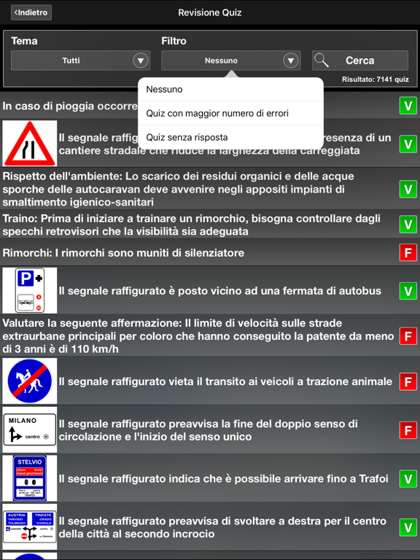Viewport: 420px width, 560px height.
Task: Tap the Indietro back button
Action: (x=31, y=12)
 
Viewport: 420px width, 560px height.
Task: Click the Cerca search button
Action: (x=359, y=61)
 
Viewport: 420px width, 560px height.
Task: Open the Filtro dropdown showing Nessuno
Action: (x=230, y=61)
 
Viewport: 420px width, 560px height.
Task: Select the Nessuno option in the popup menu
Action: (x=164, y=90)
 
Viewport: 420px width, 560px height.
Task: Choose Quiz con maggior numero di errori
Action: (x=217, y=113)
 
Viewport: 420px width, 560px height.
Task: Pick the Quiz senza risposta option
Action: (x=187, y=137)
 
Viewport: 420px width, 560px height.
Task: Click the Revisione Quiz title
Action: (x=210, y=12)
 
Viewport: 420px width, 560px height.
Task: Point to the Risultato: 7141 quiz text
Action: (x=376, y=79)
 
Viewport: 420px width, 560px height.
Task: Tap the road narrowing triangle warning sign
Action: (x=30, y=144)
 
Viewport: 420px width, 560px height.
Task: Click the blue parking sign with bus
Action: (x=30, y=290)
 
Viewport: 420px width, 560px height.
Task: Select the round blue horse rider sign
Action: (x=30, y=381)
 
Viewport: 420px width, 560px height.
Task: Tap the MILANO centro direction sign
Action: (x=30, y=429)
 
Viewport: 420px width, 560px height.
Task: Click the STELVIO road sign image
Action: (x=30, y=478)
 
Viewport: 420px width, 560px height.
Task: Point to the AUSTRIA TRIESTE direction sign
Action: (x=30, y=526)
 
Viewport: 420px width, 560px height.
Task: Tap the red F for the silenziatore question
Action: (x=408, y=253)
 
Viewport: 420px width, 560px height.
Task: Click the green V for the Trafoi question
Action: (x=408, y=478)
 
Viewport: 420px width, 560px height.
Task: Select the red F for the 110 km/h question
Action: (x=408, y=335)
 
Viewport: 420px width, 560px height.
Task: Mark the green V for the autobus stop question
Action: (x=408, y=291)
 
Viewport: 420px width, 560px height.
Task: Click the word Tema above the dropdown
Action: (x=24, y=41)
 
